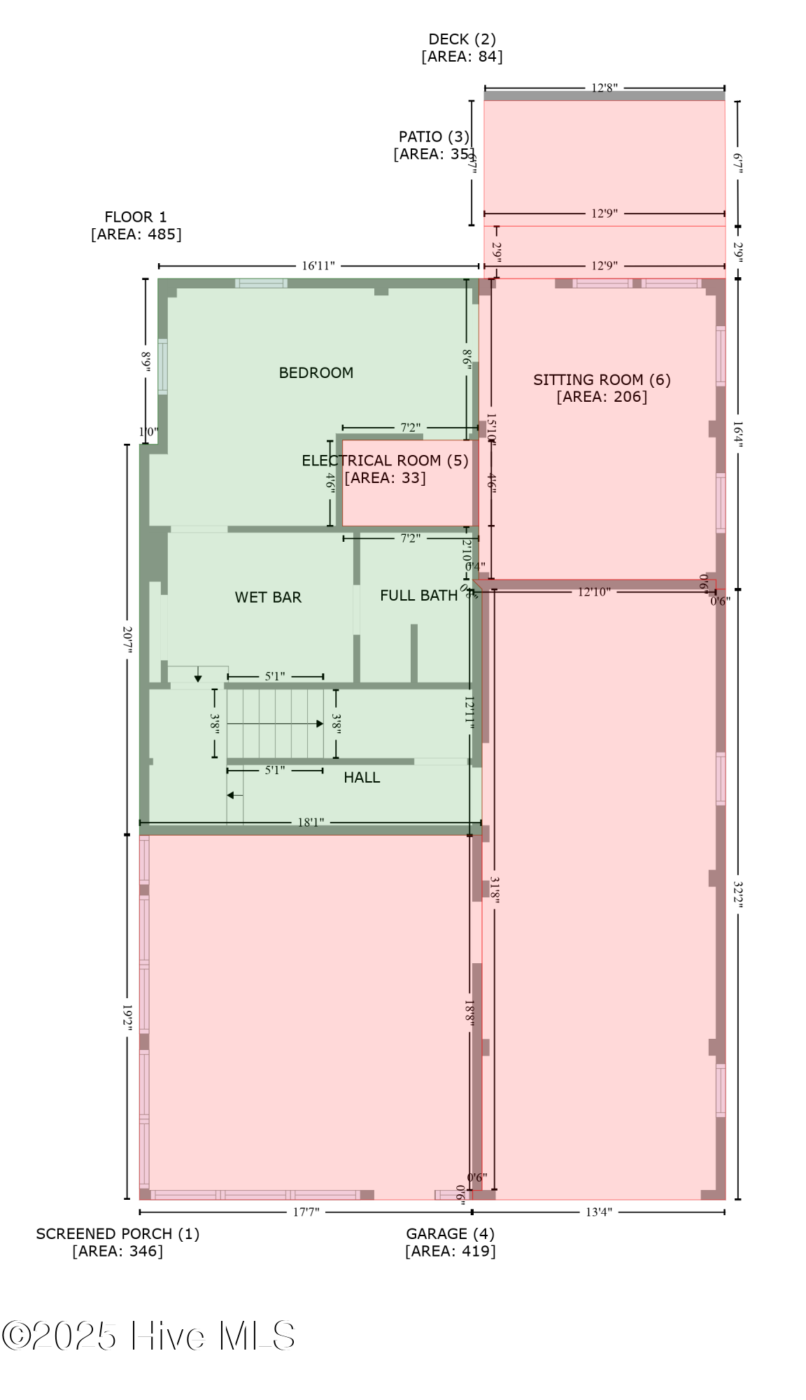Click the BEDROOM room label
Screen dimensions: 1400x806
click(x=316, y=372)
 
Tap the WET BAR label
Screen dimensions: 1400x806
click(x=268, y=597)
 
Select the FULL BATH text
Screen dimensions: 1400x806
click(x=418, y=595)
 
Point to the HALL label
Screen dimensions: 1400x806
click(x=362, y=777)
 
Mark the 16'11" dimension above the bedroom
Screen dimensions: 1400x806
click(x=318, y=266)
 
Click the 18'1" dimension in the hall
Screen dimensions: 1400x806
click(x=311, y=822)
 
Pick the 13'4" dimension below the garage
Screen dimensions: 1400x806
click(x=598, y=1212)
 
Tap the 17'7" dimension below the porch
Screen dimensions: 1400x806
click(x=306, y=1212)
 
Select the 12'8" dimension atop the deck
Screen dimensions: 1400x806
click(x=604, y=88)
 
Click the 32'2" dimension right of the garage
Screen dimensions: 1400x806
click(x=738, y=894)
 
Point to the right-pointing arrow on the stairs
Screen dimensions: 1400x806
click(x=319, y=724)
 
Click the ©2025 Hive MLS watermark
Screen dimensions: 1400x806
click(x=148, y=1336)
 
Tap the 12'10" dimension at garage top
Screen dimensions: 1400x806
click(x=593, y=592)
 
